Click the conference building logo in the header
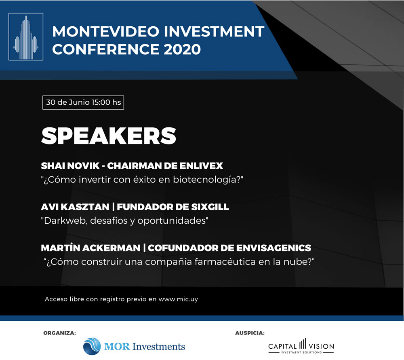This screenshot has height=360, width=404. click(x=26, y=37)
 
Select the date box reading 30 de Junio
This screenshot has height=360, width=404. click(x=83, y=102)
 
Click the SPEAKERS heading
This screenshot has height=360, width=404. click(x=108, y=136)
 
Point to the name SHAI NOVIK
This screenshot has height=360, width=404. click(x=70, y=166)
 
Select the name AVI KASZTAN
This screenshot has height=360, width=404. click(x=75, y=207)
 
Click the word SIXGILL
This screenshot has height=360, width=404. click(x=210, y=207)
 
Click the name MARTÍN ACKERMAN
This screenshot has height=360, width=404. click(x=90, y=248)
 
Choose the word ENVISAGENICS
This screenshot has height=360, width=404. click(x=274, y=248)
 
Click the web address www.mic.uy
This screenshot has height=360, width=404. click(x=178, y=299)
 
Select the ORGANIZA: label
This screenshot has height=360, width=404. click(x=59, y=333)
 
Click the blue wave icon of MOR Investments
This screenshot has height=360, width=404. click(x=92, y=346)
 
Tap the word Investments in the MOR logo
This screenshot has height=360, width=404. click(x=158, y=346)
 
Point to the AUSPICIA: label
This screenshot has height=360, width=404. click(x=250, y=333)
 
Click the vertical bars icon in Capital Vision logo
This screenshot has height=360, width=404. click(x=303, y=344)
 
